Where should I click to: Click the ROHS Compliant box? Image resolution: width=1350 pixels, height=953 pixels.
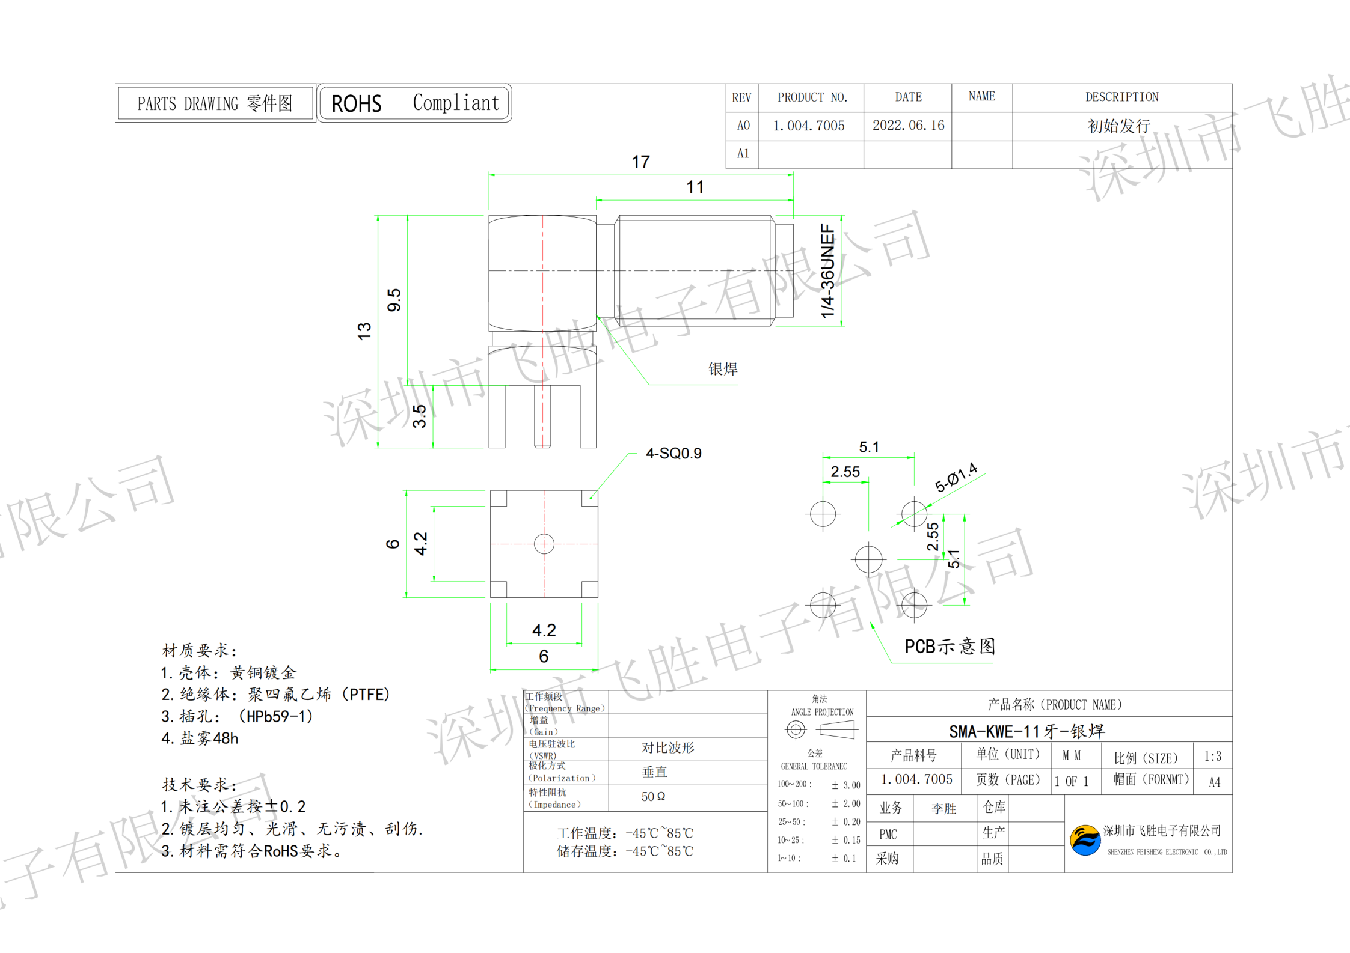tap(414, 103)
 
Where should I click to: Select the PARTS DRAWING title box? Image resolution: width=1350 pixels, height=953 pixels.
tap(215, 103)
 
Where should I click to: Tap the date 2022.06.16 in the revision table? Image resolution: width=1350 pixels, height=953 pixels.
tap(908, 126)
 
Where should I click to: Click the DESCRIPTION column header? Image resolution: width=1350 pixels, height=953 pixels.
tap(1121, 97)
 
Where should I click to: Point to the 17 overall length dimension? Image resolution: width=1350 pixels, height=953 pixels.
tap(640, 162)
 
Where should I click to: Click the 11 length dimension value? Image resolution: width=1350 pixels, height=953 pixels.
tap(695, 187)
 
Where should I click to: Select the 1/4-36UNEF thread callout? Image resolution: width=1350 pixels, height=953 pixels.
tap(828, 271)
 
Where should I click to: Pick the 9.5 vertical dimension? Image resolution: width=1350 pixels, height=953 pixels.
tap(394, 300)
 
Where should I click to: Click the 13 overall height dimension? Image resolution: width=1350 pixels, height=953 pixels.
tap(364, 331)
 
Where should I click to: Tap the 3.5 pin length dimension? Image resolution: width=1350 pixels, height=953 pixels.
tap(419, 416)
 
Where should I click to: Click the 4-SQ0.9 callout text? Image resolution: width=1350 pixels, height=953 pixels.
tap(673, 453)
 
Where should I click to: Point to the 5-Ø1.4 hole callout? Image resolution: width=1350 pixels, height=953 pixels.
tap(956, 478)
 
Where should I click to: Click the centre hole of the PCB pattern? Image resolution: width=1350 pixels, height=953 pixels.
tap(868, 559)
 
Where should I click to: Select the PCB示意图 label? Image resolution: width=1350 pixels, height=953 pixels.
tap(950, 647)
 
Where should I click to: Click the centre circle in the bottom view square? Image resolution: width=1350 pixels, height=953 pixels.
tap(544, 544)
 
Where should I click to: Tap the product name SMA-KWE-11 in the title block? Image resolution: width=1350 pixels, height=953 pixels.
tap(1026, 731)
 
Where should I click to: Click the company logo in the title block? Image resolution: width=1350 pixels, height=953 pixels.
tap(1085, 840)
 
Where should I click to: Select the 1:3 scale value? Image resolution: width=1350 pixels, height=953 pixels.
tap(1212, 756)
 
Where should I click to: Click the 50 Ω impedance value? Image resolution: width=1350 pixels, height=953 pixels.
tap(653, 797)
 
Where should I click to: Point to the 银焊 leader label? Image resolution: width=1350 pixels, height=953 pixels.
tap(722, 369)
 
